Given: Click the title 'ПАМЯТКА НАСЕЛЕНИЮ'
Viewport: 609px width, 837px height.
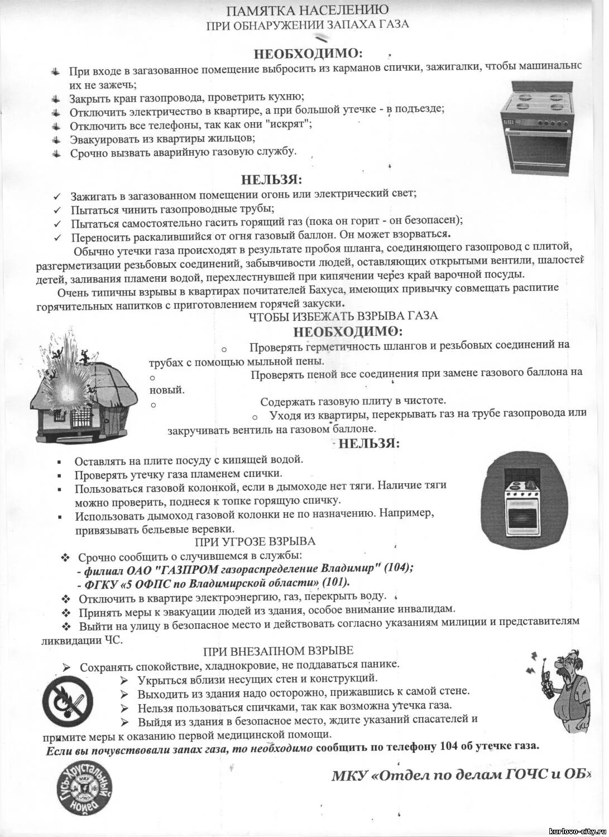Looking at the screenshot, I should click(x=308, y=9).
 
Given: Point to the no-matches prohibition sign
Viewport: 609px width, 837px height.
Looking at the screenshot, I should click(x=69, y=702).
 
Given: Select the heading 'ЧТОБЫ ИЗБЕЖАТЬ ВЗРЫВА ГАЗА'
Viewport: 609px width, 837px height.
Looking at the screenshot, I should click(x=343, y=316).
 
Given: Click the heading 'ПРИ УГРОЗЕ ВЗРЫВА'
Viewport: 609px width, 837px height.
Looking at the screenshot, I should click(x=255, y=541).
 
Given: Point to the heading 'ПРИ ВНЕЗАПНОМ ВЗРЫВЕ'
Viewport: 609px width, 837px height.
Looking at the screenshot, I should click(x=278, y=651).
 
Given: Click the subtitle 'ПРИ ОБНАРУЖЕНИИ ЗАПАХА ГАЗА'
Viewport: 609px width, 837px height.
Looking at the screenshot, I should click(x=308, y=24).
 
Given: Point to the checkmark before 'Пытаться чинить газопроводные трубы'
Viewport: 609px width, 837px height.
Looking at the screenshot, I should click(x=57, y=210).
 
